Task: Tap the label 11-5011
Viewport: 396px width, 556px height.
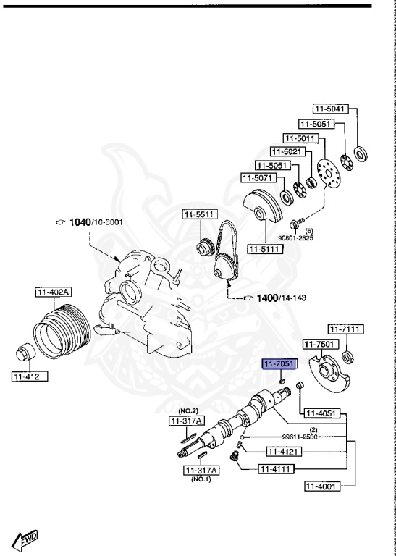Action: pos(298,138)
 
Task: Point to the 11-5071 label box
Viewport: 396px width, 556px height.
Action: pos(256,177)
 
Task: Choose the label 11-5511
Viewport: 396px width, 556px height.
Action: pos(198,214)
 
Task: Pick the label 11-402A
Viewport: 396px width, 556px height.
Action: pos(52,292)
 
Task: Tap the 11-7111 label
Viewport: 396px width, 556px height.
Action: pos(345,329)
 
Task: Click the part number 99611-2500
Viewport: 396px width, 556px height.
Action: pos(300,437)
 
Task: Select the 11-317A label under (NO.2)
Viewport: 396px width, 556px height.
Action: pos(187,421)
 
